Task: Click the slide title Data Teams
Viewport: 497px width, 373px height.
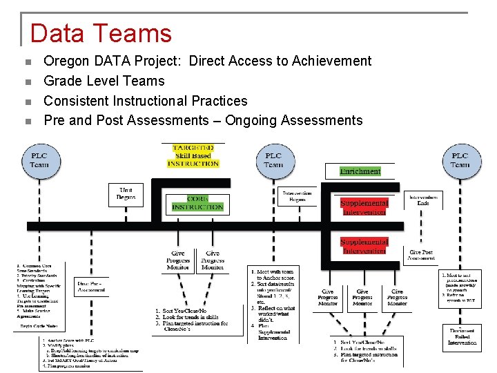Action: click(x=101, y=33)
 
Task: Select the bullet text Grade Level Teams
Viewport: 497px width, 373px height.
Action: click(x=104, y=81)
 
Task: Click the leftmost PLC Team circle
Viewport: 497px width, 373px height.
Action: click(x=39, y=160)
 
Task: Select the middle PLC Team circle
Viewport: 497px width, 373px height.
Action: click(x=273, y=160)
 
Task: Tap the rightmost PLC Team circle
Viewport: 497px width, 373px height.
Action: click(x=460, y=160)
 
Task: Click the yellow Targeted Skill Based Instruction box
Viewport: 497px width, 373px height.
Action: click(x=193, y=155)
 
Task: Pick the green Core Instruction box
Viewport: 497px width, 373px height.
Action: click(x=197, y=203)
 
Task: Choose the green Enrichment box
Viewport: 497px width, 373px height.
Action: click(x=360, y=171)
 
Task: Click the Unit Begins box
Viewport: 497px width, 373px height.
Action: click(x=126, y=194)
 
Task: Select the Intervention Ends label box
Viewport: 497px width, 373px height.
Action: click(x=423, y=200)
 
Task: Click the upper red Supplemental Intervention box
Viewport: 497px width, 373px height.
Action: click(x=364, y=208)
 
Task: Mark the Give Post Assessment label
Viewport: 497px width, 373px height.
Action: click(x=421, y=255)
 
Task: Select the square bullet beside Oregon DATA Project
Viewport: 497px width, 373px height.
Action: click(x=28, y=61)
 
